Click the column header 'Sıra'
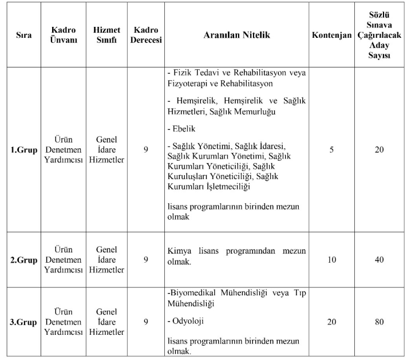[x=23, y=35]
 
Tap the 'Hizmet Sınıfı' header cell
[x=106, y=35]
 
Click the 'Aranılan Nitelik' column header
[x=236, y=35]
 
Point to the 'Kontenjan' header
[x=331, y=35]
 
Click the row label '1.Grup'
[x=23, y=151]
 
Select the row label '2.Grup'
[x=23, y=260]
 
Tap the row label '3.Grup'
[x=23, y=322]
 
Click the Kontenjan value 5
[x=331, y=150]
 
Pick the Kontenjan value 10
[x=331, y=260]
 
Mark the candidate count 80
[x=380, y=322]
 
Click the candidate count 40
[x=380, y=260]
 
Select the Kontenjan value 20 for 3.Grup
[x=331, y=322]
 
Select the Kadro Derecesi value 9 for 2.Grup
[x=146, y=260]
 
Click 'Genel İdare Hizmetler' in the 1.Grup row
[x=106, y=151]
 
